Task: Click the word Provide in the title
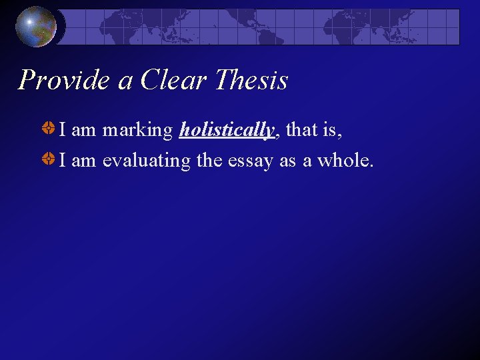pyautogui.click(x=64, y=81)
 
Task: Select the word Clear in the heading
pyautogui.click(x=173, y=81)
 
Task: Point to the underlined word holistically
pyautogui.click(x=227, y=131)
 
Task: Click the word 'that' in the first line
pyautogui.click(x=301, y=131)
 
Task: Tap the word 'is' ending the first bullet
pyautogui.click(x=331, y=131)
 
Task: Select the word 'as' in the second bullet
pyautogui.click(x=287, y=161)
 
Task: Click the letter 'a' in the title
pyautogui.click(x=125, y=82)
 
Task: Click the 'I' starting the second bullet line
pyautogui.click(x=62, y=161)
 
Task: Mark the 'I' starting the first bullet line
pyautogui.click(x=62, y=131)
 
